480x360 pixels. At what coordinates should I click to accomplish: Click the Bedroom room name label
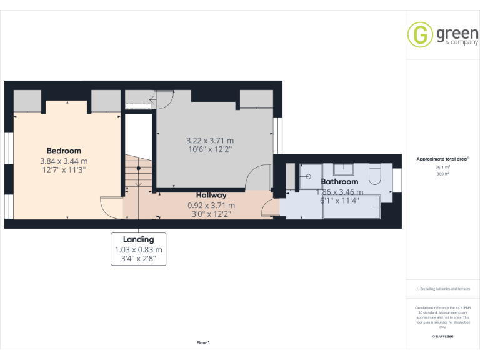(x=64, y=151)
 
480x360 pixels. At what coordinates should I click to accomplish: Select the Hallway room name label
(x=211, y=196)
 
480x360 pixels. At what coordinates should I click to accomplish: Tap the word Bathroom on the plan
(x=339, y=182)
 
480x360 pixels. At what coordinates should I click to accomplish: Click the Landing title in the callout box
(x=138, y=239)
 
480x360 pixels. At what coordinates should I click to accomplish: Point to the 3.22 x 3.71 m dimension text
(x=210, y=141)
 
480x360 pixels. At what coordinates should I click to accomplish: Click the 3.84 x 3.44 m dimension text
(x=64, y=161)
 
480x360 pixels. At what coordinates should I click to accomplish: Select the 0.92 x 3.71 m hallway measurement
(x=211, y=205)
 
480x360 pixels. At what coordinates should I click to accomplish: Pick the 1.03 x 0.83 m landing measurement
(x=138, y=250)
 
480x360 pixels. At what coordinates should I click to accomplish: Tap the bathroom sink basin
(x=344, y=169)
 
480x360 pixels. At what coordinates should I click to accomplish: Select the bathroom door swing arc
(x=271, y=208)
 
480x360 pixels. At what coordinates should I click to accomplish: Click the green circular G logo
(x=420, y=34)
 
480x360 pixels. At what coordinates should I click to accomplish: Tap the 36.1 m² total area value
(x=442, y=167)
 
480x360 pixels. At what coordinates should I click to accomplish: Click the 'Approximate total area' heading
(x=442, y=159)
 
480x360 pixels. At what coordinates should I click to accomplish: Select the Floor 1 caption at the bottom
(x=203, y=342)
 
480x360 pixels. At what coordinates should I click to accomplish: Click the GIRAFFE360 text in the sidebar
(x=442, y=336)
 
